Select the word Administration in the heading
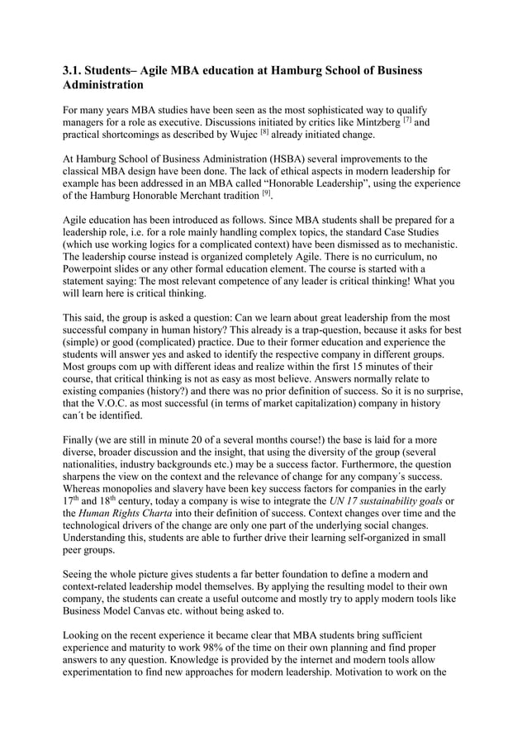click(x=103, y=85)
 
